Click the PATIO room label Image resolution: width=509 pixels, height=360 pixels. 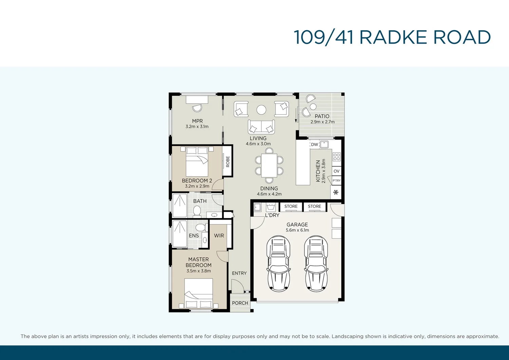322,116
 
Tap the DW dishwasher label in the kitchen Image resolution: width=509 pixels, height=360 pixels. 315,144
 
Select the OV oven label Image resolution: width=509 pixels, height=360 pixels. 336,171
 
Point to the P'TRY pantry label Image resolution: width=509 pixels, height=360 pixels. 336,181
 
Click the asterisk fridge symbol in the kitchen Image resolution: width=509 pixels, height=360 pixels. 336,193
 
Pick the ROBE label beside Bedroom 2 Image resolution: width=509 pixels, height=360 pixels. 228,161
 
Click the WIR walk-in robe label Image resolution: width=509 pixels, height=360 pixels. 219,235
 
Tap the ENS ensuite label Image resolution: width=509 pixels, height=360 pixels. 194,235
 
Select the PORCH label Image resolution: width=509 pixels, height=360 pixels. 240,303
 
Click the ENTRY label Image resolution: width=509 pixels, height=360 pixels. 239,273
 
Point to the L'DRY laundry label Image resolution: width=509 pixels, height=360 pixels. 272,215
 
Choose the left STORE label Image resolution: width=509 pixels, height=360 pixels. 291,206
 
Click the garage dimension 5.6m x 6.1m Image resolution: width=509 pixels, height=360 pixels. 297,230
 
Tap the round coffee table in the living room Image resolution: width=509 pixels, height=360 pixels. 261,110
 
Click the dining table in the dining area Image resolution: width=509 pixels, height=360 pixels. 269,165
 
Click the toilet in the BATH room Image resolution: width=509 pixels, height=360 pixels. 197,211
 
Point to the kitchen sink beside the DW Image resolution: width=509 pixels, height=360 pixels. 324,144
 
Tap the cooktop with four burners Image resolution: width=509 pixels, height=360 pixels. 336,157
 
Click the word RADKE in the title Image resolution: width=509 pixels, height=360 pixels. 393,37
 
